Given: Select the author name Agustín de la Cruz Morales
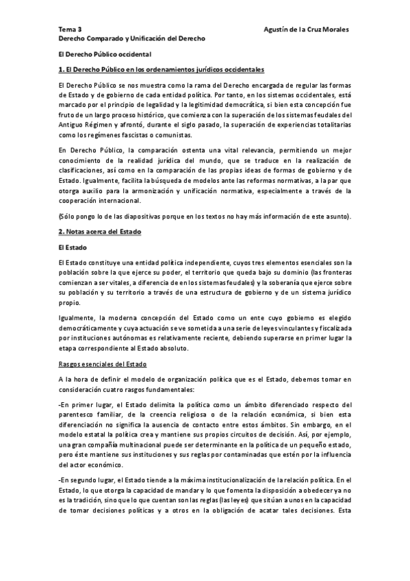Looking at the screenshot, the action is tap(306, 30).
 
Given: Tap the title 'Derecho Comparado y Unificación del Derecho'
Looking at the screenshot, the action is tap(131, 39).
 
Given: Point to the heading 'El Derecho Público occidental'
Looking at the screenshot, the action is tap(105, 53).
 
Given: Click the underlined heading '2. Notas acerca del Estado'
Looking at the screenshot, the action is tap(100, 232).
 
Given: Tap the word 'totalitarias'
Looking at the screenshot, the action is tap(331, 125).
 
